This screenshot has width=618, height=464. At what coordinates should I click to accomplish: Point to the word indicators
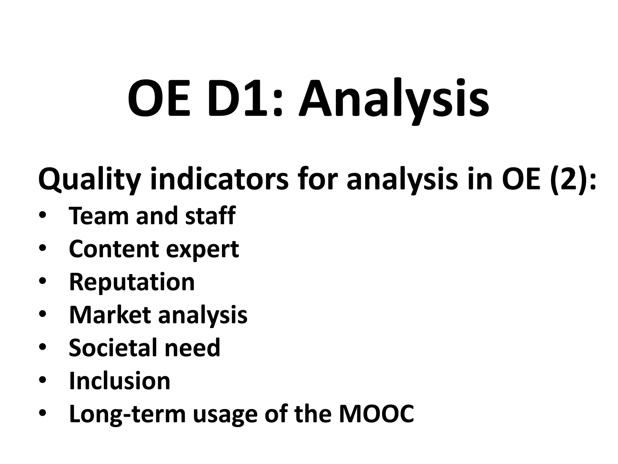[219, 180]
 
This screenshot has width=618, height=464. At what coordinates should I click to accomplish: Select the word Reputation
[132, 282]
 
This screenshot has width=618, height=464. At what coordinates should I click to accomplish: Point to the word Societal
[112, 348]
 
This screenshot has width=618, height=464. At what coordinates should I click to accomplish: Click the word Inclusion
[119, 381]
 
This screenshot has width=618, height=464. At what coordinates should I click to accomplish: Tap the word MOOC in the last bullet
[376, 414]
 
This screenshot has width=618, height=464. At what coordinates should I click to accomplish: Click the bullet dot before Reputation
[43, 281]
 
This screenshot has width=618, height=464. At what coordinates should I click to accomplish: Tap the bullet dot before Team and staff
[43, 215]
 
